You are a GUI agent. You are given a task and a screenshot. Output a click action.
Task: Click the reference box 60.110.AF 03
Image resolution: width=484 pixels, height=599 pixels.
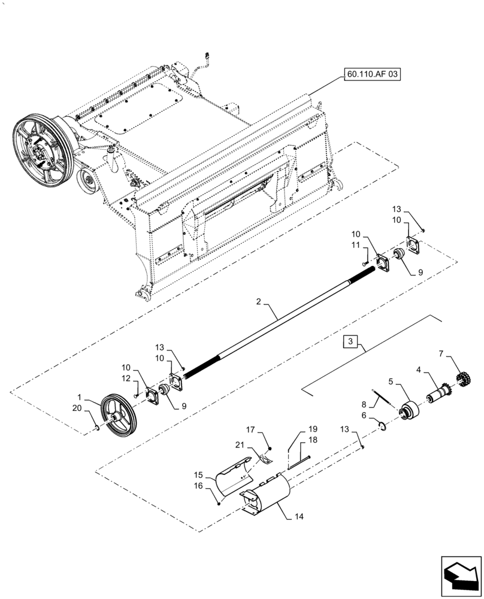(372, 75)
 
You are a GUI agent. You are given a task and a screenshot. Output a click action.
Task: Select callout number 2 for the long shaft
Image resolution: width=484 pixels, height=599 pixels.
(259, 304)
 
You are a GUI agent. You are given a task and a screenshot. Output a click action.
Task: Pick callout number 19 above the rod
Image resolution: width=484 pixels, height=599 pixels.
(312, 429)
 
